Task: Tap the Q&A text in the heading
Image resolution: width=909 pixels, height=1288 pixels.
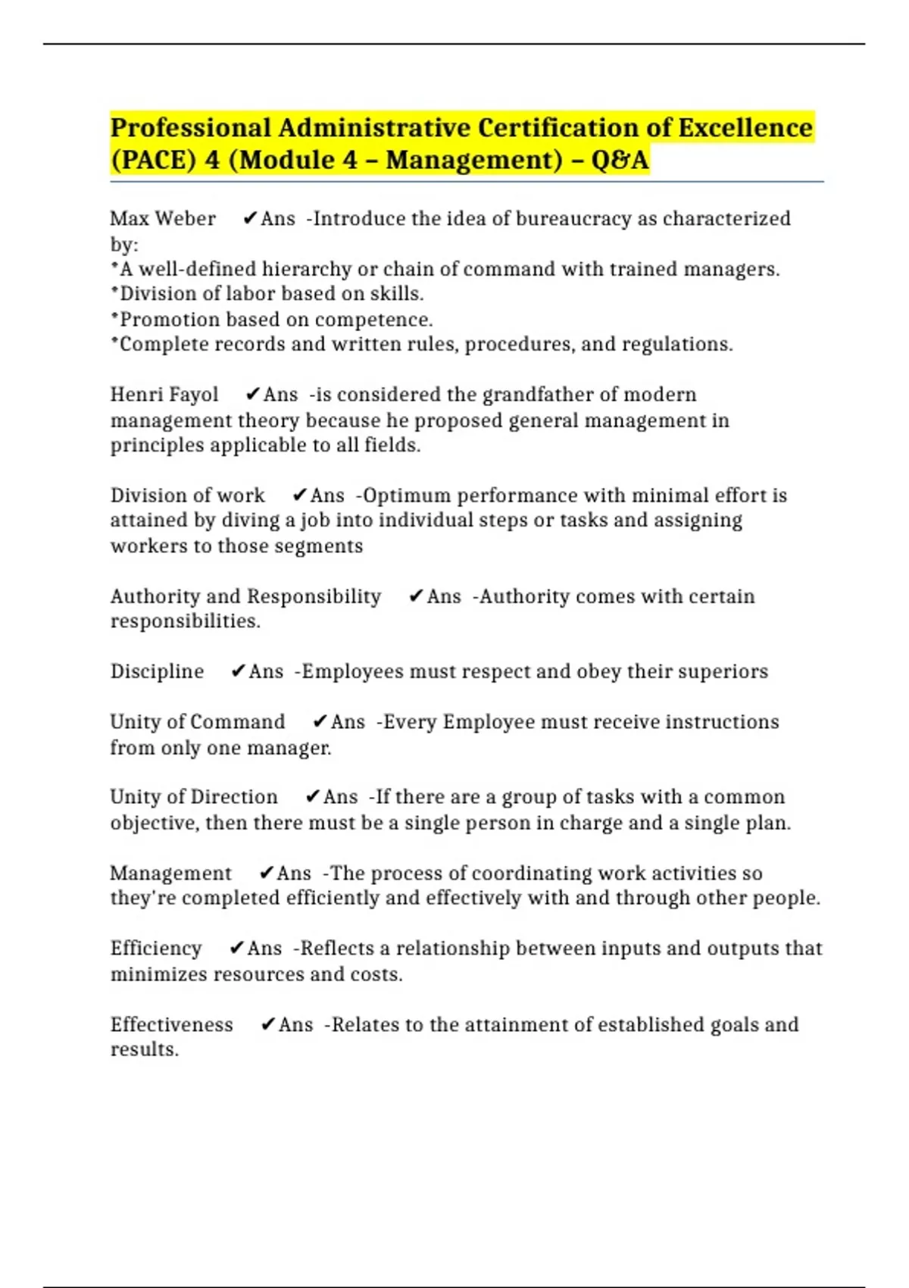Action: (x=620, y=160)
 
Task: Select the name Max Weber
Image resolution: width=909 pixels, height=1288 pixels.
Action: (x=163, y=219)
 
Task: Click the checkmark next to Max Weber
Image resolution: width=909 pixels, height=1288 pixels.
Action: (x=249, y=219)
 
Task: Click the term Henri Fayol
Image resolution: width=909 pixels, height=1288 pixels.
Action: (x=164, y=395)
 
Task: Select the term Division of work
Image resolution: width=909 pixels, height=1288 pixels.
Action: (x=187, y=496)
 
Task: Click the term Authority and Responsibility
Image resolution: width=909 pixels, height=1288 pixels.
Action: (x=245, y=596)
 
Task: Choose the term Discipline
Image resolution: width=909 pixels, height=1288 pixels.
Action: (x=157, y=671)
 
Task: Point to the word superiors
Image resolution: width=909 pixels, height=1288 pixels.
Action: (x=728, y=671)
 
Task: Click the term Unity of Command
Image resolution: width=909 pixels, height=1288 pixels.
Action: (x=198, y=722)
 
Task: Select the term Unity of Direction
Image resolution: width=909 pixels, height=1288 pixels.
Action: (x=194, y=797)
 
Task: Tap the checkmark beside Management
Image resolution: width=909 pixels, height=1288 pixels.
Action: (x=266, y=874)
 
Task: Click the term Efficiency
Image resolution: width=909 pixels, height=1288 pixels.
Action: (x=156, y=949)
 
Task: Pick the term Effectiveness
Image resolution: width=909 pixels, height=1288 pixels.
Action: (x=172, y=1025)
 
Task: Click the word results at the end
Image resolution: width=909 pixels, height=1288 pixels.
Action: (x=143, y=1050)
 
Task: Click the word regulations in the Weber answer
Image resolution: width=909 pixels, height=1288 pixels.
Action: (x=676, y=345)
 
